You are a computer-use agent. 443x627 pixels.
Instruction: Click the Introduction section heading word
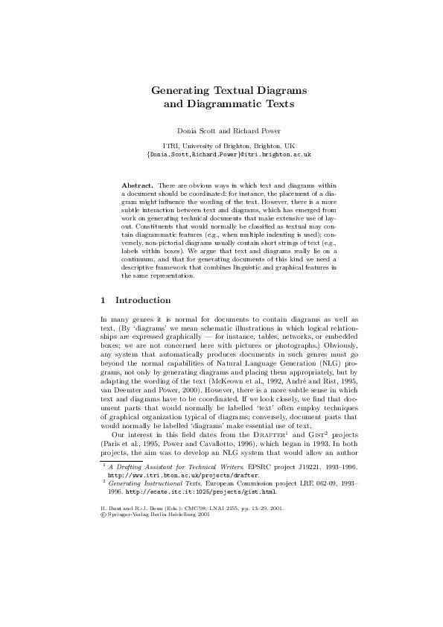[143, 301]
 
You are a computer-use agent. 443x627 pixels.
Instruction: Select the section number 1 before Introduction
[102, 301]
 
